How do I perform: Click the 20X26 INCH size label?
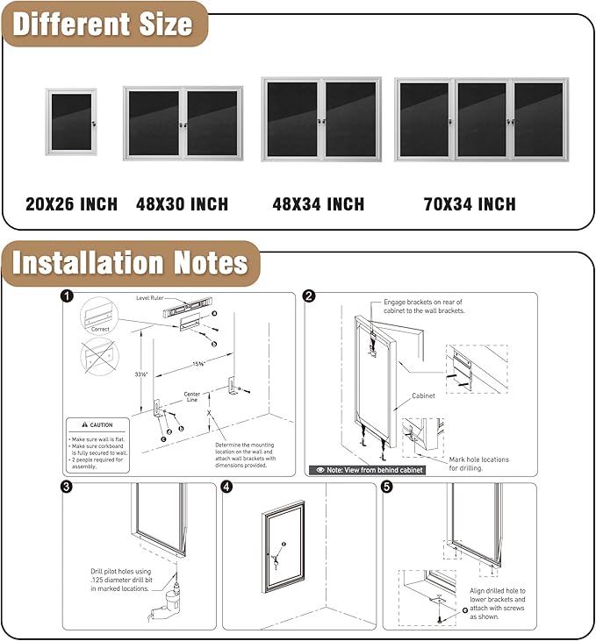tap(71, 204)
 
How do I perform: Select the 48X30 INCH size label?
tap(182, 204)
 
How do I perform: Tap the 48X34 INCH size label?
tap(318, 204)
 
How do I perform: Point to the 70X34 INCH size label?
tap(470, 204)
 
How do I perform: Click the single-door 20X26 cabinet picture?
tap(71, 122)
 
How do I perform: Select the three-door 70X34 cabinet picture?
tap(481, 119)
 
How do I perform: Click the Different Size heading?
tap(103, 24)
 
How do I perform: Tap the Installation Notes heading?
tap(130, 262)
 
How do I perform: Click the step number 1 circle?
tap(68, 296)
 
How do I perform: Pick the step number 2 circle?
tap(309, 296)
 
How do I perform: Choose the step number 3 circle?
tap(68, 488)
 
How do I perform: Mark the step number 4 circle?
tap(227, 488)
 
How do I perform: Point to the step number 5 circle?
tap(388, 488)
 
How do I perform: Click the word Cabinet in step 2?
tap(424, 396)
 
